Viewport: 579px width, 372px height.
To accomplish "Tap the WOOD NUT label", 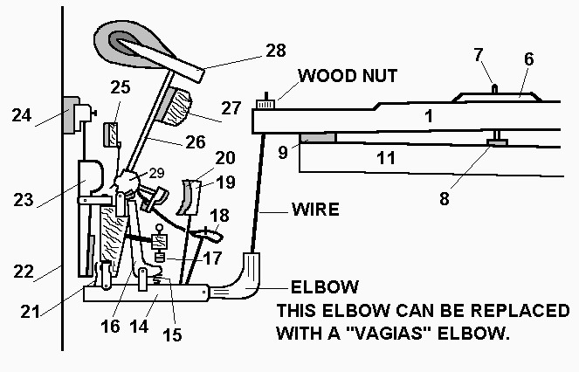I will pyautogui.click(x=347, y=76).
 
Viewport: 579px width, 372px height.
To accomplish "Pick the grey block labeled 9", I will pyautogui.click(x=316, y=138).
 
